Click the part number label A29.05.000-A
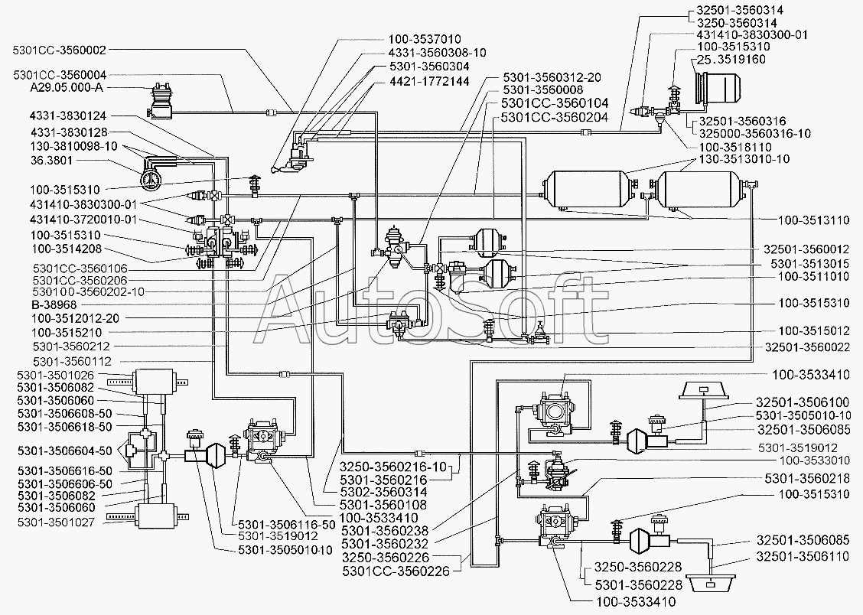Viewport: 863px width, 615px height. tap(67, 88)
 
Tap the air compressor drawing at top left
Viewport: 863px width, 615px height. tap(161, 101)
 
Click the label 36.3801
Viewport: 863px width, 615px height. tap(59, 161)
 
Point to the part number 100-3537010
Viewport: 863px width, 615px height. tap(425, 39)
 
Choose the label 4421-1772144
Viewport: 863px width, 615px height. tap(429, 81)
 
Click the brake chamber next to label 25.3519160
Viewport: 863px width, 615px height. tap(717, 88)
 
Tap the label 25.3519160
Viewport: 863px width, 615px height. tap(731, 60)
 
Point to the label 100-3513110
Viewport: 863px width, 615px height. tap(814, 220)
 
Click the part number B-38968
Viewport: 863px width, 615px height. tap(54, 304)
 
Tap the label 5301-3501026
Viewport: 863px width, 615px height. tap(56, 375)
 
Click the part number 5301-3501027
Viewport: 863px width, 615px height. tap(56, 522)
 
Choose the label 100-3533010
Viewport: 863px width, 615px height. tap(815, 460)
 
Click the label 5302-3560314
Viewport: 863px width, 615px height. tap(383, 492)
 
